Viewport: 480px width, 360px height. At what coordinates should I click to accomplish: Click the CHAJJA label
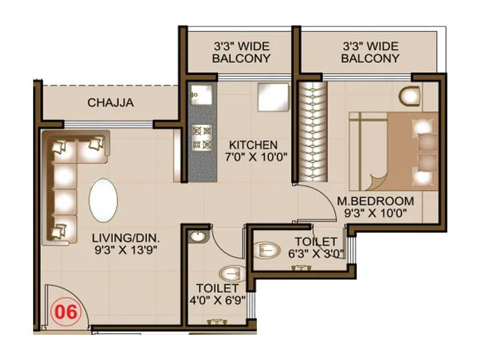(110, 103)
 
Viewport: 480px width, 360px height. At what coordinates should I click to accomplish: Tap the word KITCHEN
(253, 145)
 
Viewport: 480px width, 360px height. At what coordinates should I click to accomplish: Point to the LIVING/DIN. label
(123, 236)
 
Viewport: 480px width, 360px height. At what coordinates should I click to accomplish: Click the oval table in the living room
(103, 202)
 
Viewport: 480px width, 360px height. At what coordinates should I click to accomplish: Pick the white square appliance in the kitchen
(274, 97)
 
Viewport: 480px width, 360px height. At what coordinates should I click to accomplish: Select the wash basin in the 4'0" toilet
(197, 238)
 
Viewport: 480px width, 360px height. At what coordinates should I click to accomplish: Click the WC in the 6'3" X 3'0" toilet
(266, 248)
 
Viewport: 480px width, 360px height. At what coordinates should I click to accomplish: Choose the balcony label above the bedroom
(370, 52)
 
